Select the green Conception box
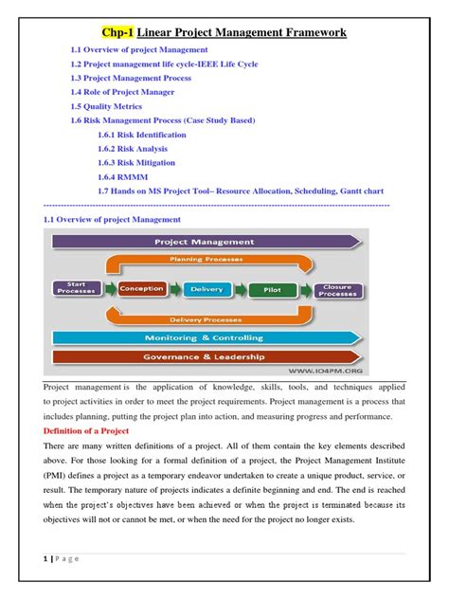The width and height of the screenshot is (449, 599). [142, 288]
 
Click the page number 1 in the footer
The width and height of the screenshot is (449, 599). [45, 559]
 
